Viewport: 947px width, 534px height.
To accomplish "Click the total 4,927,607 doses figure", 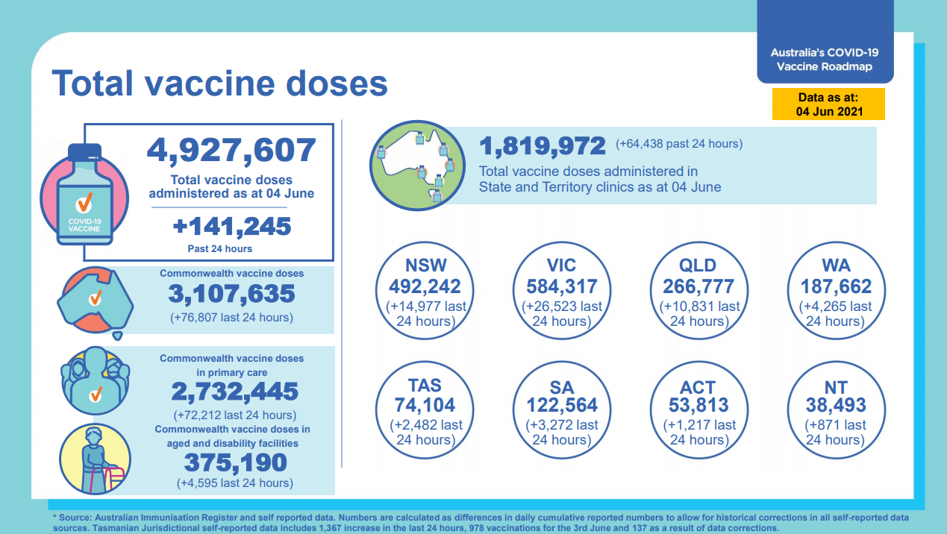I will pos(231,150).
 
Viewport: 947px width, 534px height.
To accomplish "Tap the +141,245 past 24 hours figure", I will pos(231,225).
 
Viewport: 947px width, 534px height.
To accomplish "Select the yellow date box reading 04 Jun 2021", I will pos(828,104).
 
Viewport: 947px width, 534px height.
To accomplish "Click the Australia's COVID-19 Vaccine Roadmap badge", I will pos(825,60).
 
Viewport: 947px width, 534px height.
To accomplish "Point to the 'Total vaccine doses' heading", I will pos(219,84).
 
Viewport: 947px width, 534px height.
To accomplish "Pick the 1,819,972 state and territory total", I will pos(542,145).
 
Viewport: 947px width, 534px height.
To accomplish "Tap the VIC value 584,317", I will pos(560,286).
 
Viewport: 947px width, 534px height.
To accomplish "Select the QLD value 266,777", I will pos(698,286).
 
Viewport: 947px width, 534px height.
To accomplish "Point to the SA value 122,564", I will pos(560,405).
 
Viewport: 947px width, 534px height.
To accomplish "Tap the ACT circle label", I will pos(698,388).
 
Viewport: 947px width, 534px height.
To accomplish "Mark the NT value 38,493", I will pos(835,405).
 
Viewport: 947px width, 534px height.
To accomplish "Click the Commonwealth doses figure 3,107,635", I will pos(231,294).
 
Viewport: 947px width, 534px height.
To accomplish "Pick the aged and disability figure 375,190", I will pos(234,463).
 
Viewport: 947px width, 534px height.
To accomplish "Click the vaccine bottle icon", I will pos(85,195).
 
